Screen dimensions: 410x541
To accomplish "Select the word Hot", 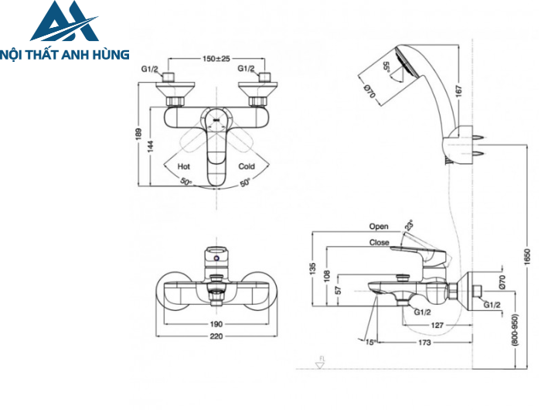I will (184, 166).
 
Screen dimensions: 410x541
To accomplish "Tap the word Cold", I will (247, 166).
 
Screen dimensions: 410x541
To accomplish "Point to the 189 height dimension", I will (140, 135).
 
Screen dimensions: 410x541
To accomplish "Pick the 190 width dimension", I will (216, 324).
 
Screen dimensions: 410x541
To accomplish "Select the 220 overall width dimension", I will (216, 337).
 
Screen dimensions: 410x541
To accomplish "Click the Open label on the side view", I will (379, 227).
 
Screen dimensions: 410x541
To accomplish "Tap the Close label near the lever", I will (379, 242).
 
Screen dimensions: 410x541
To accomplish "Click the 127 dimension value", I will (437, 326).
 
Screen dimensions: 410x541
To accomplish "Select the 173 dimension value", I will (424, 341).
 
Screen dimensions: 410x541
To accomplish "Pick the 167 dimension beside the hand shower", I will (458, 90).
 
